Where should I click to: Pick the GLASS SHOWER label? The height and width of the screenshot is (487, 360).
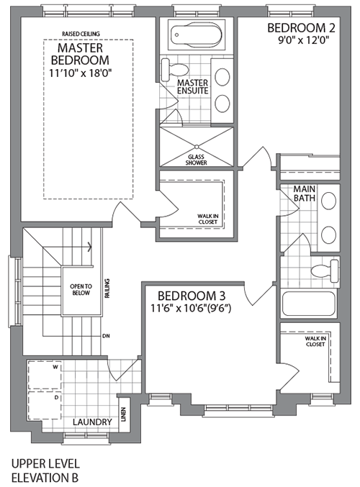(x=197, y=160)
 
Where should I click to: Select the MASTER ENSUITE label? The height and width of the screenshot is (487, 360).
(x=192, y=88)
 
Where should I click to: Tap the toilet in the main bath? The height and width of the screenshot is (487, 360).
(x=326, y=271)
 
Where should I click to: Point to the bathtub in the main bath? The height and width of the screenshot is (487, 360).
(x=309, y=303)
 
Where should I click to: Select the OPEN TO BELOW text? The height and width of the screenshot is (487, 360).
(x=81, y=289)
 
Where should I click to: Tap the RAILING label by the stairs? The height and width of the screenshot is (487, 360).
(x=107, y=286)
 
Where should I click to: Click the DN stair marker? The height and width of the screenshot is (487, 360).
(x=106, y=336)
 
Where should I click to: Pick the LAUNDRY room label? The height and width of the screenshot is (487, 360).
(x=91, y=422)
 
